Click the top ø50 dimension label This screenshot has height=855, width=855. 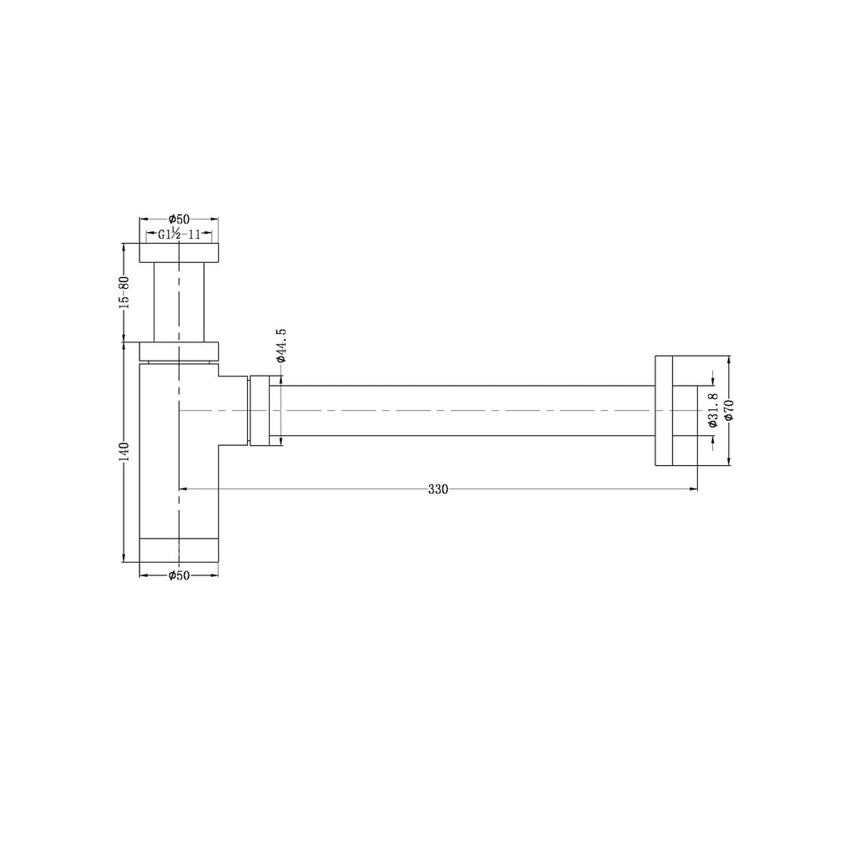click(x=179, y=219)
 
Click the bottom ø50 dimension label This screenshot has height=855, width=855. click(x=179, y=575)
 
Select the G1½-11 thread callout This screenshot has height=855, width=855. click(x=179, y=235)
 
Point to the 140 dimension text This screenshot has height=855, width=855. click(x=124, y=452)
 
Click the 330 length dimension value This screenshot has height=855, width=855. click(x=438, y=489)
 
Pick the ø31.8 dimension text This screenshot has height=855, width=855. click(x=711, y=410)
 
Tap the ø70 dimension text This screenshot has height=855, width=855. click(x=729, y=410)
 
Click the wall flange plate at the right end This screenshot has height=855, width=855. click(x=663, y=410)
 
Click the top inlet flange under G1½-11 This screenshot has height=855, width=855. click(x=179, y=253)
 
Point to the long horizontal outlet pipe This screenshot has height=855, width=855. click(x=468, y=410)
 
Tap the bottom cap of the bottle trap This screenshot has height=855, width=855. click(x=179, y=550)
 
